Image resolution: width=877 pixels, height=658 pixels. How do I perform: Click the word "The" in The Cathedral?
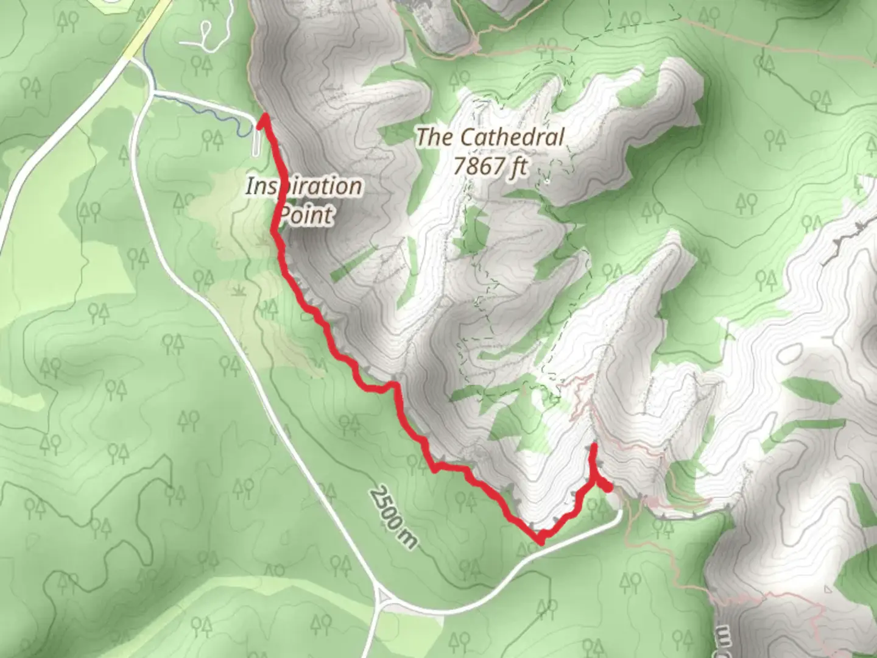pos(434,137)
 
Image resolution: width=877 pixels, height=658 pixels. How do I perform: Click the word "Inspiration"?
pos(303,186)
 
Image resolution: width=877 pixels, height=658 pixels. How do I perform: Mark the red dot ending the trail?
pos(607,486)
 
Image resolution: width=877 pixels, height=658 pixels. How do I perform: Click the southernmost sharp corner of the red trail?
pos(540,540)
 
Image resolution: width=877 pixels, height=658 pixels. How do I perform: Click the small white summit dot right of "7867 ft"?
pos(548,180)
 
